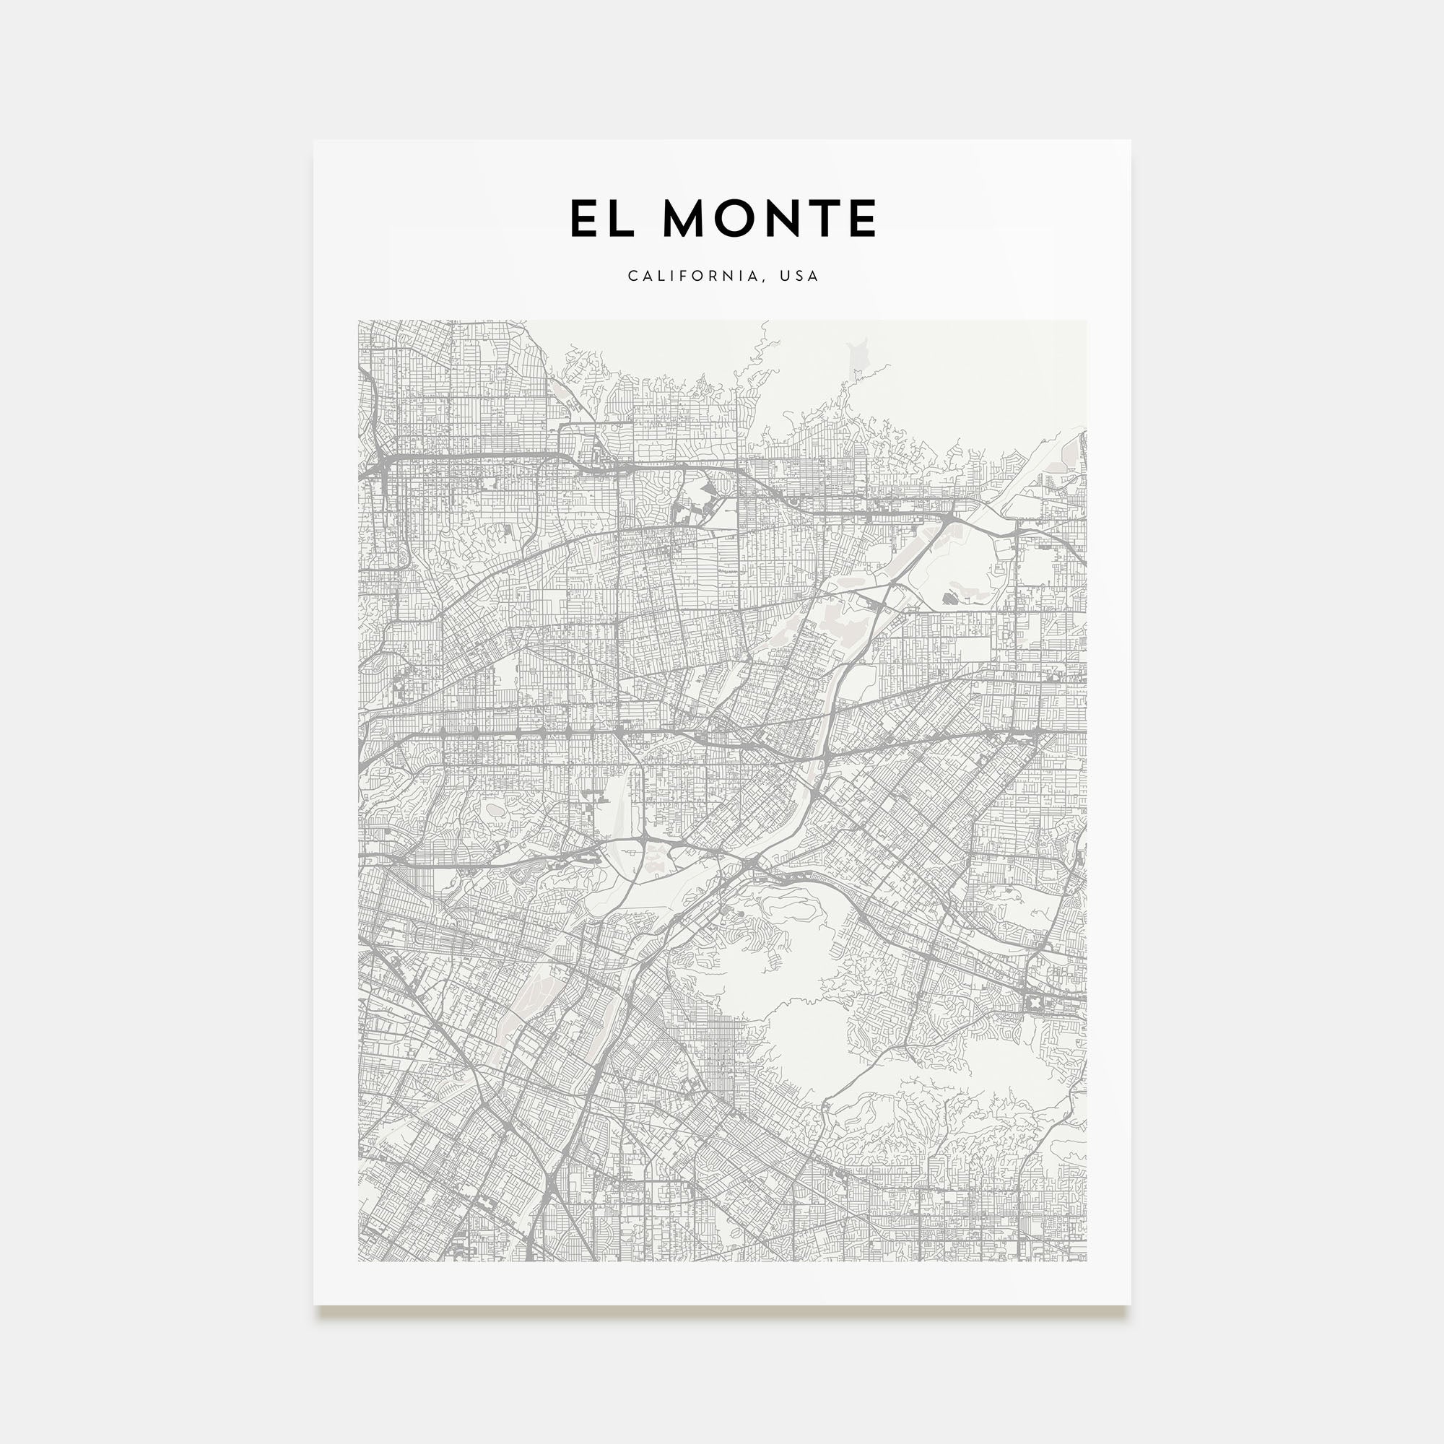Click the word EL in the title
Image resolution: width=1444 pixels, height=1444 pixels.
tap(601, 218)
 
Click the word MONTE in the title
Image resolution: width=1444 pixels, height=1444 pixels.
tap(769, 218)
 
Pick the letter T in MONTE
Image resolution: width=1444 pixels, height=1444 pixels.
tap(824, 218)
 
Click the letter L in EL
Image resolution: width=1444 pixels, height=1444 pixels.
tap(621, 218)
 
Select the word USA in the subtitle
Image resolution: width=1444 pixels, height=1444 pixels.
tap(799, 276)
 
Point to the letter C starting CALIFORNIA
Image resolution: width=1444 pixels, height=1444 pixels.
tap(632, 276)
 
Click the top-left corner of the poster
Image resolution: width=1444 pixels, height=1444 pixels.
tap(314, 141)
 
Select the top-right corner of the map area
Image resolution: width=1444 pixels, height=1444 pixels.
tap(1086, 321)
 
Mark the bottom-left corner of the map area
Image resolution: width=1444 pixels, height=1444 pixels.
tap(359, 1261)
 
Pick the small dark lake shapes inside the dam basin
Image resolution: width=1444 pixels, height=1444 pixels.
tap(951, 598)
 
